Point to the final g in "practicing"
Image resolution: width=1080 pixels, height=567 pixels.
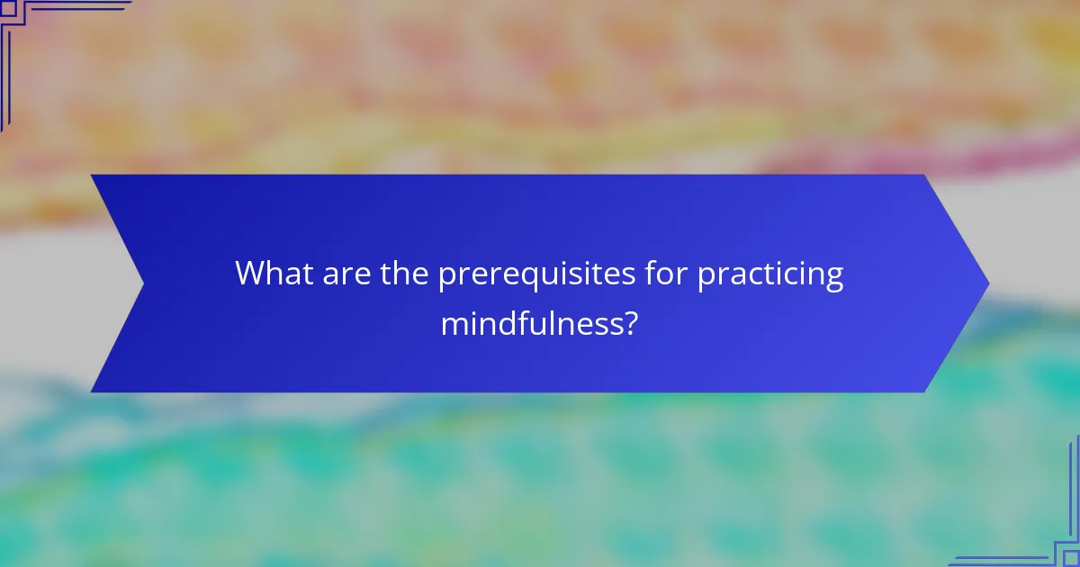[x=834, y=279]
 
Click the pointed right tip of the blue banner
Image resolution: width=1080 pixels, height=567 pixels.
[x=987, y=283]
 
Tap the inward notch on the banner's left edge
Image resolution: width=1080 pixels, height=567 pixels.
[x=144, y=283]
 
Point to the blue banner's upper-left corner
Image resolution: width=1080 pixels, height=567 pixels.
[x=93, y=176]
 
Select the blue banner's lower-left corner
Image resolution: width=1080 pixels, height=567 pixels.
[x=93, y=391]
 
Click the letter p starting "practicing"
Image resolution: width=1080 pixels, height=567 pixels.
[x=707, y=277]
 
